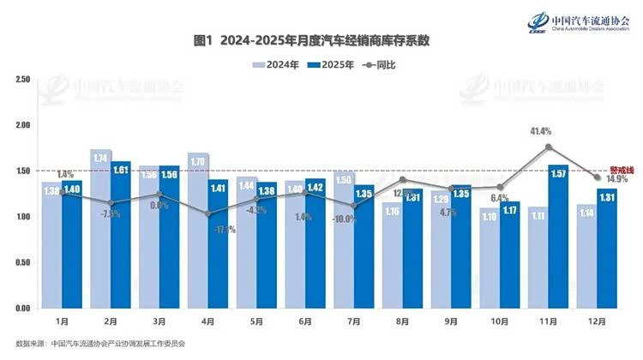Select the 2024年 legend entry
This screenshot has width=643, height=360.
pyautogui.click(x=274, y=64)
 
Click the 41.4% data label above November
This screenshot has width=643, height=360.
pyautogui.click(x=540, y=131)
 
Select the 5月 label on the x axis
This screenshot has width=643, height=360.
pyautogui.click(x=257, y=321)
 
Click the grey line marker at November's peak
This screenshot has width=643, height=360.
pyautogui.click(x=548, y=147)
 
